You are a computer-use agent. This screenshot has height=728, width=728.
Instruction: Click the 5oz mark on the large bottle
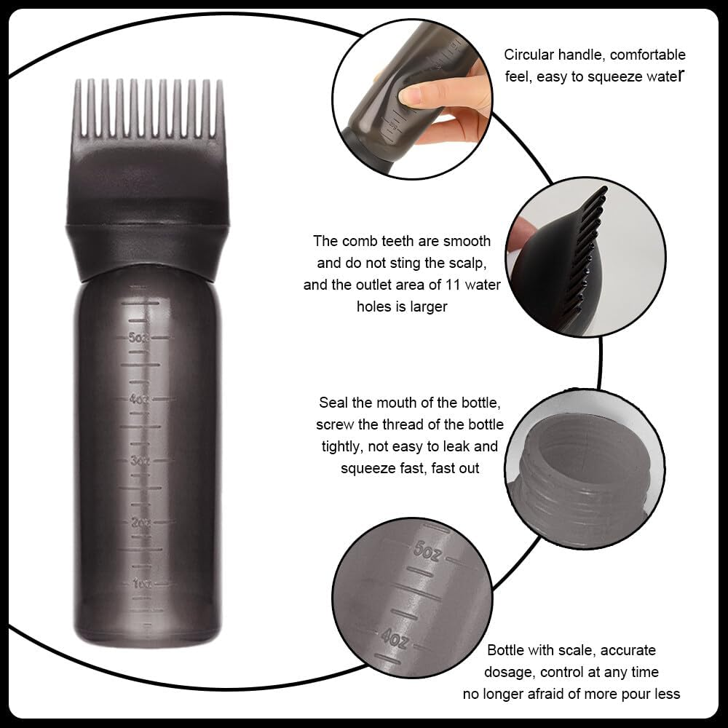[x=139, y=337]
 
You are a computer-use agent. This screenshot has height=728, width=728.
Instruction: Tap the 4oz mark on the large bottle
[x=139, y=399]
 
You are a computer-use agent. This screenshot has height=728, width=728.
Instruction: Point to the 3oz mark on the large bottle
[x=139, y=460]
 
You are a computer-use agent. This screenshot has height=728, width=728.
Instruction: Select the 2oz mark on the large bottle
[x=140, y=522]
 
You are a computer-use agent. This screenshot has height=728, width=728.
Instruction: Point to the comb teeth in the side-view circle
[x=586, y=255]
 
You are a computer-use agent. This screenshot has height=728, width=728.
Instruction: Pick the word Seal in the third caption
[x=333, y=403]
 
